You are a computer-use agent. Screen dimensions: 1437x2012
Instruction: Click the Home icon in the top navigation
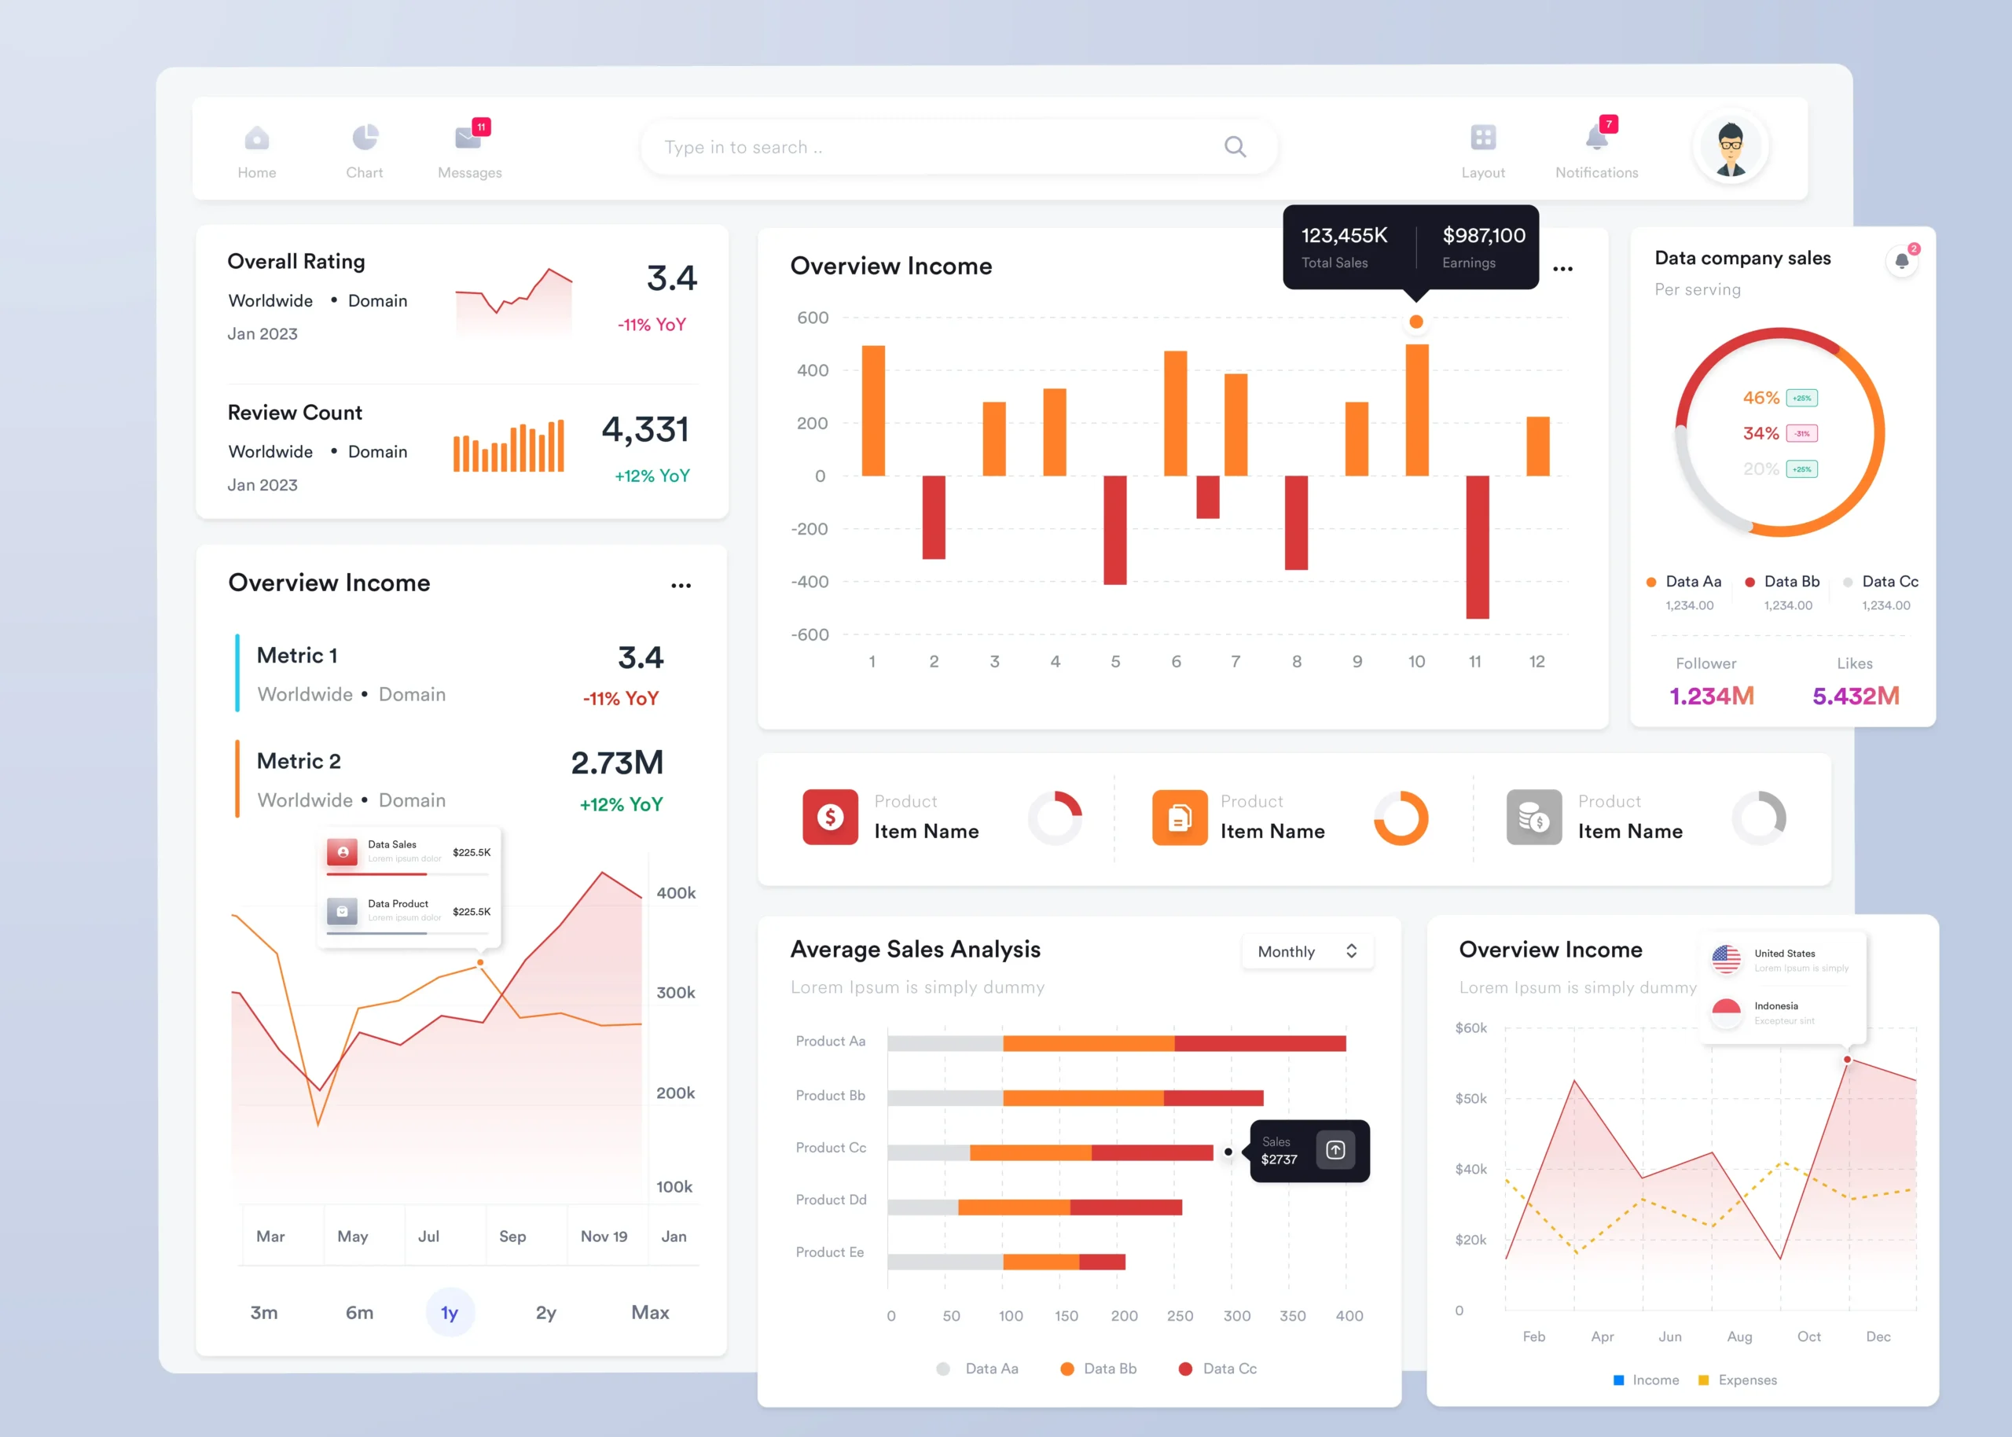[256, 139]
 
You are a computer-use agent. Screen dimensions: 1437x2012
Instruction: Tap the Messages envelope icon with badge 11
[468, 138]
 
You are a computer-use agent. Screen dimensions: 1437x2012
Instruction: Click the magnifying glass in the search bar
[1235, 147]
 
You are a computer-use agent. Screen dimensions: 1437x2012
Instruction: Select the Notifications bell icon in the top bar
[1596, 138]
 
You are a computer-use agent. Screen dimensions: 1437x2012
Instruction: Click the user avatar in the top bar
[1730, 148]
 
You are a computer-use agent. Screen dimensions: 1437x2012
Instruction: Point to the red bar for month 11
[1477, 547]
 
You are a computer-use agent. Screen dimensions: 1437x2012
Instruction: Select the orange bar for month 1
[873, 410]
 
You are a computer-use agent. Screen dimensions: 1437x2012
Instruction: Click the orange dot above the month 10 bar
[1416, 322]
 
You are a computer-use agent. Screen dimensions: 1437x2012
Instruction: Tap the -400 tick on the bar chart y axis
[810, 583]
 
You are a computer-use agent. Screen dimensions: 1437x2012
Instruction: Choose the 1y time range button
[450, 1312]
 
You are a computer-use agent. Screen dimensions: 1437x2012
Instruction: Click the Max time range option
[650, 1312]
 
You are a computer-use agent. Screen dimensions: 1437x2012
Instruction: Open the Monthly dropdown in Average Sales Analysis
[1307, 951]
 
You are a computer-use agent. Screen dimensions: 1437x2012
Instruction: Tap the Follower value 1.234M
[1711, 696]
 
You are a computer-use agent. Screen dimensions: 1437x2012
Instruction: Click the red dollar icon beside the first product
[830, 817]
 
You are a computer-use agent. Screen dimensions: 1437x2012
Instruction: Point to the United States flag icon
[1725, 958]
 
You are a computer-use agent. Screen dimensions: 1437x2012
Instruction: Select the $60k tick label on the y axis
[1470, 1028]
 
